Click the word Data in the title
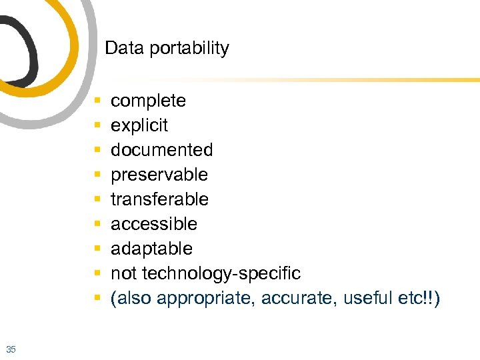tap(119, 48)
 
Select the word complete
tap(148, 101)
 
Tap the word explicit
tap(139, 126)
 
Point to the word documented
tap(161, 150)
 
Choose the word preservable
tap(159, 175)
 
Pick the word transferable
tap(159, 199)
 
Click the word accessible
tap(154, 224)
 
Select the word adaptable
tap(151, 249)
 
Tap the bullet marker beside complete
tap(97, 101)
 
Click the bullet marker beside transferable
tap(97, 199)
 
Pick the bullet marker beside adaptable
tap(97, 249)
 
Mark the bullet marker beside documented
tap(97, 151)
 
